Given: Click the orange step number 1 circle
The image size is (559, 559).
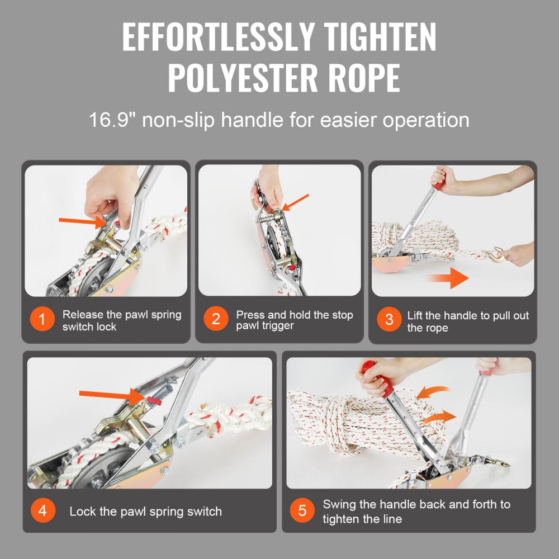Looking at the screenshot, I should pos(42,320).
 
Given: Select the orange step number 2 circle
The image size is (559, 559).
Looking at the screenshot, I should pos(216,320).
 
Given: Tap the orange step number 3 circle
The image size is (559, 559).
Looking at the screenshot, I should pos(389,320).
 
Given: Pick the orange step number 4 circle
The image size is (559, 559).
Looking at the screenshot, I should pos(43,511).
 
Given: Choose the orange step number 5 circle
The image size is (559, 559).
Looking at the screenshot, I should pos(302,511).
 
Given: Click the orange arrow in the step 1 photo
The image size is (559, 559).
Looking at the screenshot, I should pos(81,221).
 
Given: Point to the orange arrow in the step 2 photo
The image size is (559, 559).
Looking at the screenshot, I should pos(296,202).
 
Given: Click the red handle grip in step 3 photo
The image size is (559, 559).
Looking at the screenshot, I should pos(437,183).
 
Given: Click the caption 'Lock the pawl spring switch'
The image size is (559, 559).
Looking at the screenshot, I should pos(145,511).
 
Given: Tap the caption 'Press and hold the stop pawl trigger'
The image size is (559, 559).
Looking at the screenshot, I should pos(294,320).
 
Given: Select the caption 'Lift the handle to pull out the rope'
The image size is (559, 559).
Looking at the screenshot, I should pos(467,321).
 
